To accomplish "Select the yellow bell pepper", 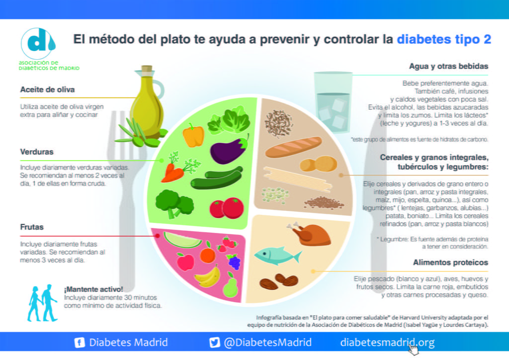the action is [193, 135].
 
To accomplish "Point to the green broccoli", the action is [174, 203].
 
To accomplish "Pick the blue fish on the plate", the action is [277, 255].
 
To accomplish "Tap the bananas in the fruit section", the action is [208, 276].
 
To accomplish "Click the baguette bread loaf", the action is [293, 147].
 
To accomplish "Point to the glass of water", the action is [333, 102].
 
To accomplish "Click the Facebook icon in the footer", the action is [80, 343].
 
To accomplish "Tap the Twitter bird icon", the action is [215, 343].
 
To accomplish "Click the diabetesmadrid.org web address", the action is [387, 343].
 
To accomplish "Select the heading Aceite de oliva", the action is [47, 90].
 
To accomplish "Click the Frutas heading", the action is [32, 227].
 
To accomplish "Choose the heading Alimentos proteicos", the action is [450, 262].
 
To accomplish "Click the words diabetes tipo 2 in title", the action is [444, 39].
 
